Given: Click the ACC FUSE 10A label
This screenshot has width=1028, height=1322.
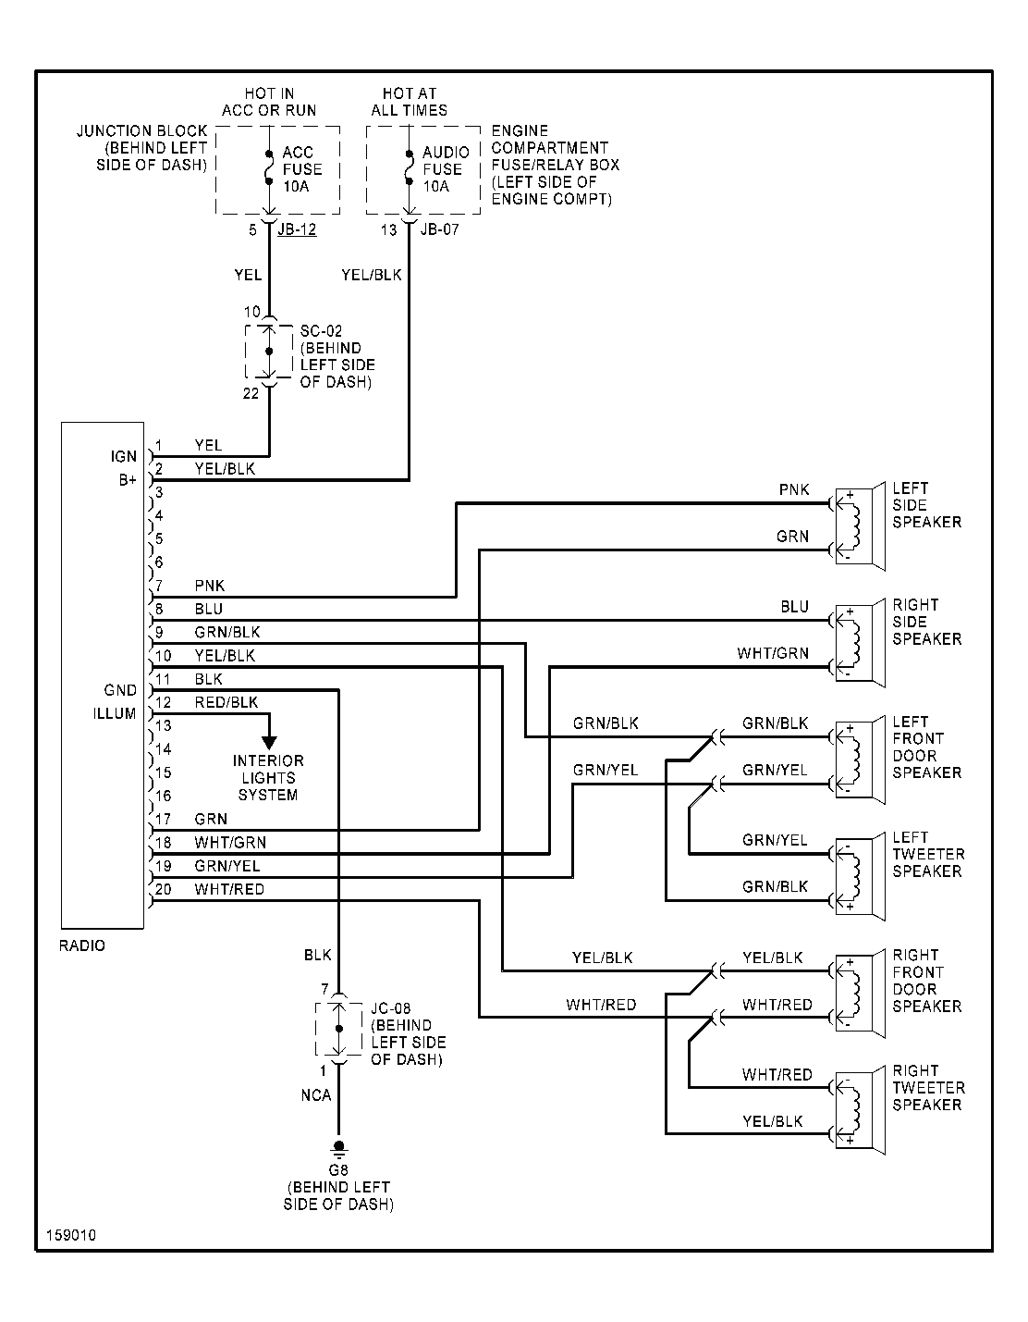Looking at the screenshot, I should (301, 169).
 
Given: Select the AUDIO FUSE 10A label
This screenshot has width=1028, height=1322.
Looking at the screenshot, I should (446, 169).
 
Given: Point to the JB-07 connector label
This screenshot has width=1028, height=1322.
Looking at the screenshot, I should (439, 229).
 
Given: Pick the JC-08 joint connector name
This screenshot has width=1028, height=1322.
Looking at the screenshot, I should (390, 1008).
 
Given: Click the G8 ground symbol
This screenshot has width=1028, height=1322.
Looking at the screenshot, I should (339, 1150).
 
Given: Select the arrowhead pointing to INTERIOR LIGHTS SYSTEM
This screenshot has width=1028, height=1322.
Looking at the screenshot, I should (269, 741).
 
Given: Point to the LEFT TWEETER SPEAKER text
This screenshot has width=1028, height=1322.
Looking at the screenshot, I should (928, 854).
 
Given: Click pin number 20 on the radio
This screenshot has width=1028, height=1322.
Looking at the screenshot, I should (164, 889).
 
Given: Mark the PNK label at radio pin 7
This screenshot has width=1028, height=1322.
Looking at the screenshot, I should (210, 586).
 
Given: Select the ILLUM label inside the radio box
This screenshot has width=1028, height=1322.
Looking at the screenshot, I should (115, 714).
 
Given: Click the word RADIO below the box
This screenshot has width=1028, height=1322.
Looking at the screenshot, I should (82, 945).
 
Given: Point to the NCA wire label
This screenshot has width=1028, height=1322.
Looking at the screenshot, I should (315, 1095).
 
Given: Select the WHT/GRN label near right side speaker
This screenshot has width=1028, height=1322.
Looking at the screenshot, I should (772, 653).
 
